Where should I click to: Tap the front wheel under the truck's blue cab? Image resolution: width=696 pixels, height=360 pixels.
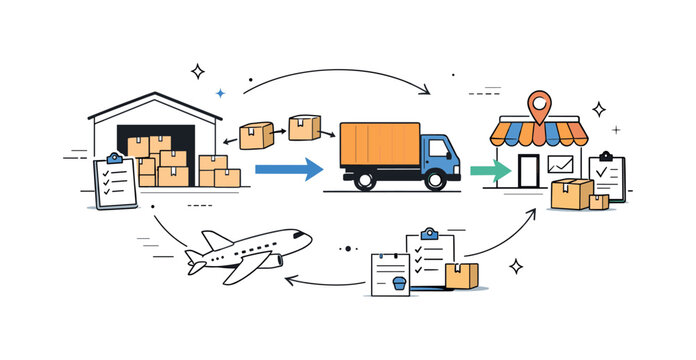click(x=436, y=180)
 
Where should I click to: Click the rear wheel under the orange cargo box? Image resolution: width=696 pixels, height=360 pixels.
click(x=365, y=180)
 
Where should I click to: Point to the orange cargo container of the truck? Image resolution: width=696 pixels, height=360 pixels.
click(x=379, y=145)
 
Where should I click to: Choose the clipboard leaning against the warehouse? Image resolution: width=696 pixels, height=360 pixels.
click(x=115, y=181)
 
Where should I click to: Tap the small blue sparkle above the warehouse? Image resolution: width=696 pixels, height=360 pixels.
click(x=221, y=92)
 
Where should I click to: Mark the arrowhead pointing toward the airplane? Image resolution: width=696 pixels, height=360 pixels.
click(x=291, y=280)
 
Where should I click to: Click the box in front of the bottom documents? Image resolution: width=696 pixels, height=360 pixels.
click(x=461, y=275)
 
